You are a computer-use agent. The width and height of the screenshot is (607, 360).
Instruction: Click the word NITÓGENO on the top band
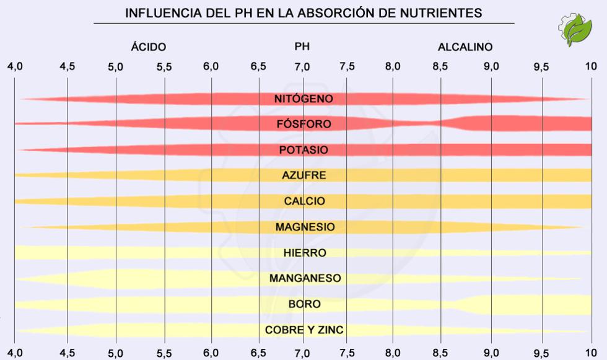pyautogui.click(x=303, y=99)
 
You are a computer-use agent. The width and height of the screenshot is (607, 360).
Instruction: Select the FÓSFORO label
pyautogui.click(x=303, y=124)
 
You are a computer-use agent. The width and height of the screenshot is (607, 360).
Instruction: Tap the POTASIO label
pyautogui.click(x=303, y=150)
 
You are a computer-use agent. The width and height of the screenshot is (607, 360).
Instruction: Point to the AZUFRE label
pyautogui.click(x=303, y=175)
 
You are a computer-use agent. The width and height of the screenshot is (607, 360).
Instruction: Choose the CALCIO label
pyautogui.click(x=303, y=201)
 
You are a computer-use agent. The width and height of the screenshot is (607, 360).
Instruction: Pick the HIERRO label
pyautogui.click(x=304, y=253)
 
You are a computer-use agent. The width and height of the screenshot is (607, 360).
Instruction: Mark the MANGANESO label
pyautogui.click(x=305, y=278)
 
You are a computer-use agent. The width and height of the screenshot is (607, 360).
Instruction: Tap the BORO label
pyautogui.click(x=304, y=304)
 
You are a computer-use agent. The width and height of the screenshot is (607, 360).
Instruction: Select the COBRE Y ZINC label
pyautogui.click(x=304, y=330)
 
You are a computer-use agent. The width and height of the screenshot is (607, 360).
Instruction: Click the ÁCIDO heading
pyautogui.click(x=149, y=47)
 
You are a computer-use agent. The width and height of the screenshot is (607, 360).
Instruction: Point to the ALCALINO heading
pyautogui.click(x=465, y=47)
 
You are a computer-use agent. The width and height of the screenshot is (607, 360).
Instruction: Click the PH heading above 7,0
pyautogui.click(x=302, y=46)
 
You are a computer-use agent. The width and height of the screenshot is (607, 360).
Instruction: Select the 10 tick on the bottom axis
pyautogui.click(x=591, y=353)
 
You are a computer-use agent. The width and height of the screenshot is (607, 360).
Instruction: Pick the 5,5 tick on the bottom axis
pyautogui.click(x=164, y=353)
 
